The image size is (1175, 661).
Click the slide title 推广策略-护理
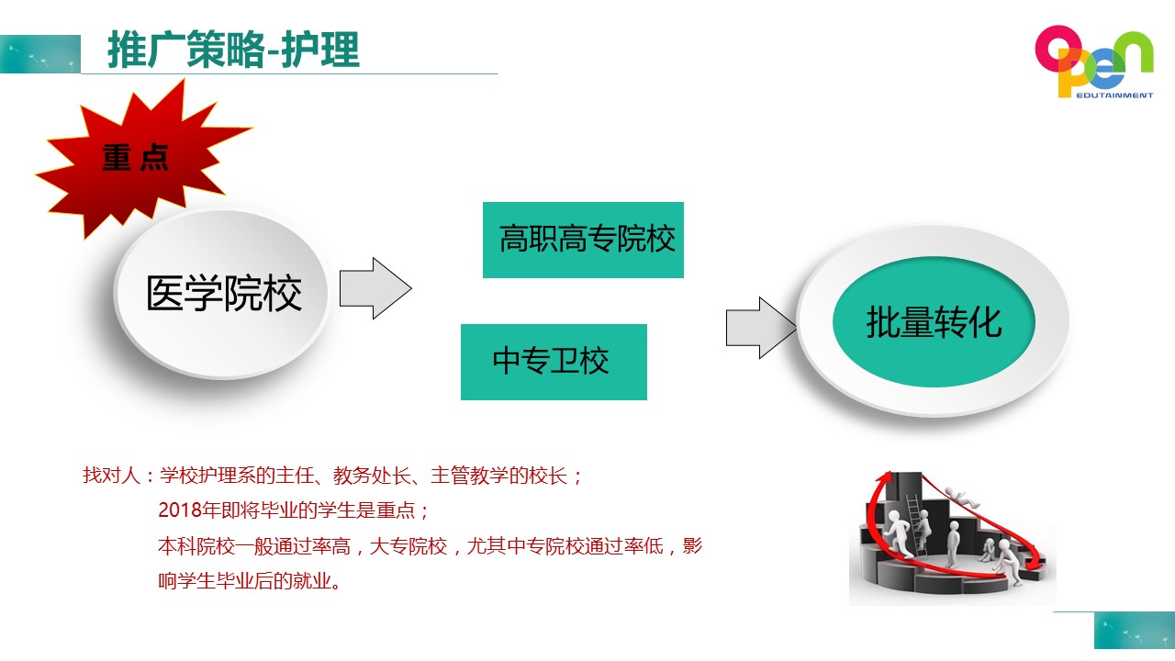(233, 50)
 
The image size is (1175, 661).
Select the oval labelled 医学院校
(222, 293)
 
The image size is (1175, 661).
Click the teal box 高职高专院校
(583, 240)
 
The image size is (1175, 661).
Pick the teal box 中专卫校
(554, 362)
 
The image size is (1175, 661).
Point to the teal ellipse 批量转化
(934, 321)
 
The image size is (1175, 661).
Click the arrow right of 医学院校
(375, 288)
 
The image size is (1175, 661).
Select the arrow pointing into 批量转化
(761, 328)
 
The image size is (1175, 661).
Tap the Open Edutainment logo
(1094, 62)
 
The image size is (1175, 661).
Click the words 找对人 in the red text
(111, 476)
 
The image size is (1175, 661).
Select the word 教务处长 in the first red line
(372, 476)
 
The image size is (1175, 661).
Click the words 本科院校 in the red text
(196, 546)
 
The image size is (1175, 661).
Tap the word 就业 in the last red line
(312, 581)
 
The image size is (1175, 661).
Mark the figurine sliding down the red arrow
(961, 497)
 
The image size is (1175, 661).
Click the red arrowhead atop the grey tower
(885, 477)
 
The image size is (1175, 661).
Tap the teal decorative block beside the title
(40, 54)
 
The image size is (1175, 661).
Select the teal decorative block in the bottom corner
(1134, 631)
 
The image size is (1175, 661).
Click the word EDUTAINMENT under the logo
(1114, 95)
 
